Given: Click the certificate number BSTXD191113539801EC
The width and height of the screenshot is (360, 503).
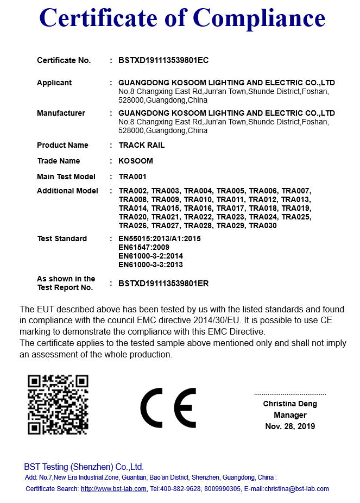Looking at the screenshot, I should [163, 60].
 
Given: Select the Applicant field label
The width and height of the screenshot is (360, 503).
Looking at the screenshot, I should [54, 83].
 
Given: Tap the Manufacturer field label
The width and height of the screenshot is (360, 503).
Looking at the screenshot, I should [61, 113].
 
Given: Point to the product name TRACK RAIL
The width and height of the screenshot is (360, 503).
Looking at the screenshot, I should [141, 145].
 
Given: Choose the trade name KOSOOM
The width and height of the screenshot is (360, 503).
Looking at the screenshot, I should [136, 161].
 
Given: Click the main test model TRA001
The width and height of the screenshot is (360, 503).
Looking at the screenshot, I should [132, 177].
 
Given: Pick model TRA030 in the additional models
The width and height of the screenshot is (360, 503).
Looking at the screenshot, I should [263, 225].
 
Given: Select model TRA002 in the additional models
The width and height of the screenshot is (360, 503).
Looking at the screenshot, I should [133, 191].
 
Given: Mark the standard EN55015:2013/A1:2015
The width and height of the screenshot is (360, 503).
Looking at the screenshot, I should [160, 238].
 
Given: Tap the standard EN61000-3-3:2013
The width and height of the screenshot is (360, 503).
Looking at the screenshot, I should [150, 265].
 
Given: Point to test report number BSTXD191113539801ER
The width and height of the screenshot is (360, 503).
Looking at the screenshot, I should [163, 283].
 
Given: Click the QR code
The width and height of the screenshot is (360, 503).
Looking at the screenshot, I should [58, 405].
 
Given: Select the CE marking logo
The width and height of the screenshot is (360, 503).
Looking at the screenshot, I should [168, 407].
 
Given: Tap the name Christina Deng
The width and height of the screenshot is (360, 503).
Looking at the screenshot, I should [290, 404].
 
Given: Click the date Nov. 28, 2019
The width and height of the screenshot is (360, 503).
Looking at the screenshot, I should [290, 426].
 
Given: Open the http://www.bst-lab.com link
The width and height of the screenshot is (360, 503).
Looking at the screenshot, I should [113, 489].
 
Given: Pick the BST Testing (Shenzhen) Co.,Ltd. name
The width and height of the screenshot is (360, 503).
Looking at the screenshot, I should [84, 467].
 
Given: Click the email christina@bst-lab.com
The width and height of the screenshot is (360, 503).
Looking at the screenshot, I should [296, 489].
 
